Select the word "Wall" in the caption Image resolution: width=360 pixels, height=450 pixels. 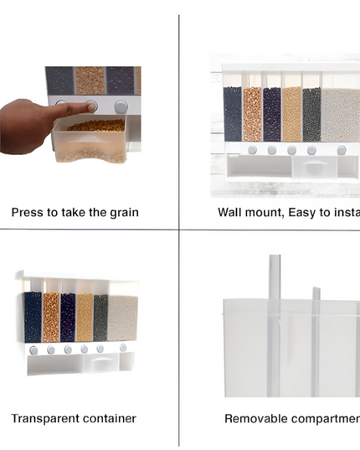pos(231,213)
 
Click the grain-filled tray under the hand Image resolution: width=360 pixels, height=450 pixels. pos(90,139)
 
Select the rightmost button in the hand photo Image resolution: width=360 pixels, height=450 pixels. pos(121,107)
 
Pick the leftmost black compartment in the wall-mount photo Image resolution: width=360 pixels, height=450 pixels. pos(233,114)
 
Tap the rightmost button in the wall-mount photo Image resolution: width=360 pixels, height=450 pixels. pos(342,150)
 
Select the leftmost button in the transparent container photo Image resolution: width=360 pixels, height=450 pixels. pos(33,349)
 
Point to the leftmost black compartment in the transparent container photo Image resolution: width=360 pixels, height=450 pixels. pos(33,317)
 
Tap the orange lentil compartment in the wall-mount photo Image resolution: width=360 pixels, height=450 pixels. pos(252,114)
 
